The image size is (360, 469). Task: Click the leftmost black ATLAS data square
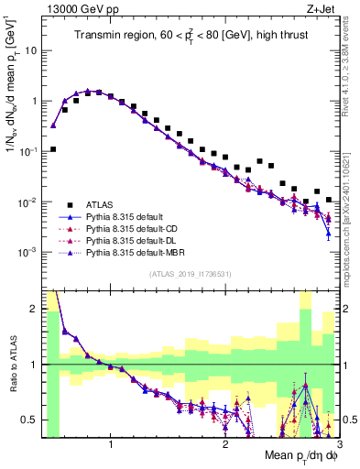tap(53, 148)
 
